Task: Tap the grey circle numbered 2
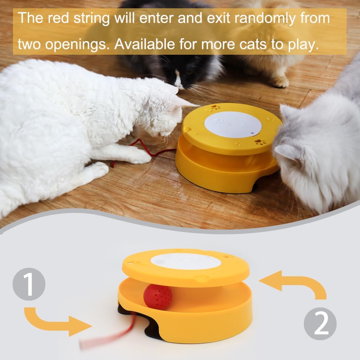(x=320, y=323)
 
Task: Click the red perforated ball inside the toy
(x=158, y=297)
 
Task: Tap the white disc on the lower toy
(x=185, y=261)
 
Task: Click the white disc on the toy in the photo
(x=233, y=124)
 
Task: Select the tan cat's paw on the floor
(x=280, y=82)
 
